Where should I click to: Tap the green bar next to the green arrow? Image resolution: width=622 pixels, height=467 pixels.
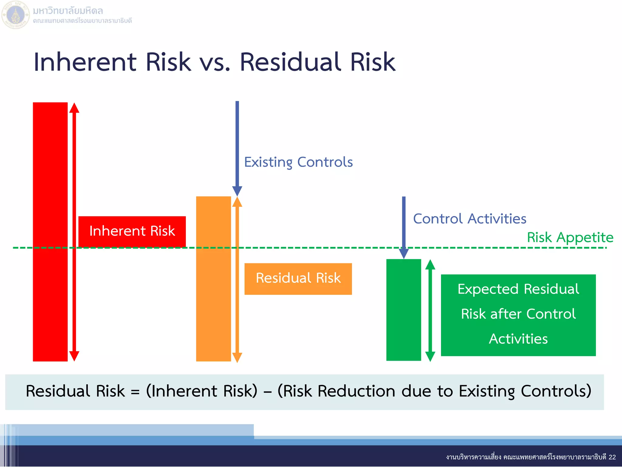pyautogui.click(x=403, y=310)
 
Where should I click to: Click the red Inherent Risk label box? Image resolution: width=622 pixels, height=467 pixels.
pyautogui.click(x=132, y=231)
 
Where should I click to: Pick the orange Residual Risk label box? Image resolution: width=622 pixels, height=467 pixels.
pyautogui.click(x=298, y=278)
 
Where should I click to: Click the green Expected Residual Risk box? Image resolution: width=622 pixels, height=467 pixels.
pyautogui.click(x=518, y=315)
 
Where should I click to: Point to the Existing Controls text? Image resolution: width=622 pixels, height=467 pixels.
pyautogui.click(x=298, y=162)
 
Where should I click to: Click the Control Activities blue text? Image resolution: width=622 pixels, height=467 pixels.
pyautogui.click(x=470, y=219)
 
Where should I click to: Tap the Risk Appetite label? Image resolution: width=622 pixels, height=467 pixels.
pyautogui.click(x=570, y=237)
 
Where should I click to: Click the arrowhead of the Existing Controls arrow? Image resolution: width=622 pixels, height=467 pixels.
pyautogui.click(x=237, y=191)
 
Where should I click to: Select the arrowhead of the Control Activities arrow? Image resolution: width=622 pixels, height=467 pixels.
pyautogui.click(x=404, y=254)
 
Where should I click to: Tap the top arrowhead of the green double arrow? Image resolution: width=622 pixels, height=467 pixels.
pyautogui.click(x=430, y=265)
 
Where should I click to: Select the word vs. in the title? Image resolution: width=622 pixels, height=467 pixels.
pyautogui.click(x=215, y=63)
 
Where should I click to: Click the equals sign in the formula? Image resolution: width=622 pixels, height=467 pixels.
pyautogui.click(x=135, y=392)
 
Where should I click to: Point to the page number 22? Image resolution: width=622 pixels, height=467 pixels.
pyautogui.click(x=612, y=457)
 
